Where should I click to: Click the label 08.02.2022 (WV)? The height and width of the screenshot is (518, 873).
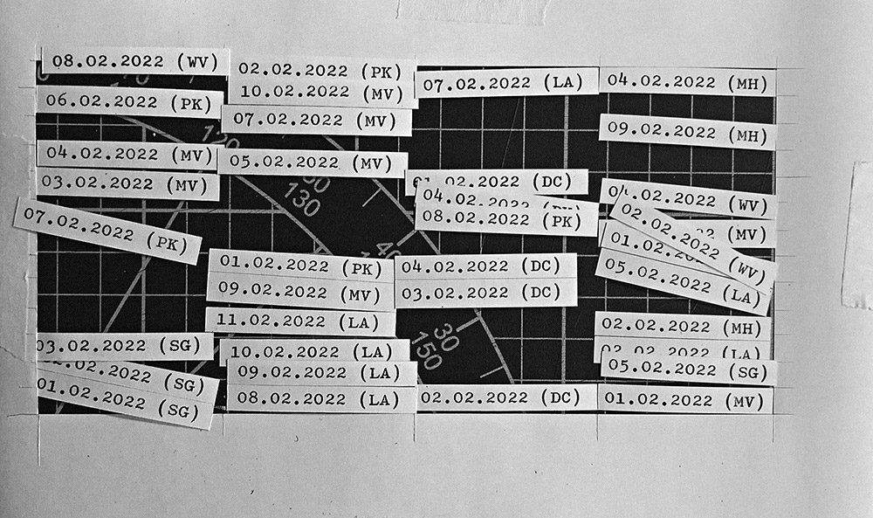pos(135,61)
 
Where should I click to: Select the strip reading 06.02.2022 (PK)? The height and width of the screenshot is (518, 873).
pos(128,102)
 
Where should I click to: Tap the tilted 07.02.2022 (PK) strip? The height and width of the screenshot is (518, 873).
pos(107,230)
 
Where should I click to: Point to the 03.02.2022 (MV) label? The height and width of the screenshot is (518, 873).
pos(127,185)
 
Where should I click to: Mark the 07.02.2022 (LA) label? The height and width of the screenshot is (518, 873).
pos(506,82)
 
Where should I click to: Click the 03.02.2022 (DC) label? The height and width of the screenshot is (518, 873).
pos(485,292)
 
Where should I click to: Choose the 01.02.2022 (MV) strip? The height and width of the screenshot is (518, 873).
pos(684,400)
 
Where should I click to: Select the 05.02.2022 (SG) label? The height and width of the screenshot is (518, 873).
pos(688,370)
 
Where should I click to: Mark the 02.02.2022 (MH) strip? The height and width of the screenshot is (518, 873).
pos(682,326)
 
